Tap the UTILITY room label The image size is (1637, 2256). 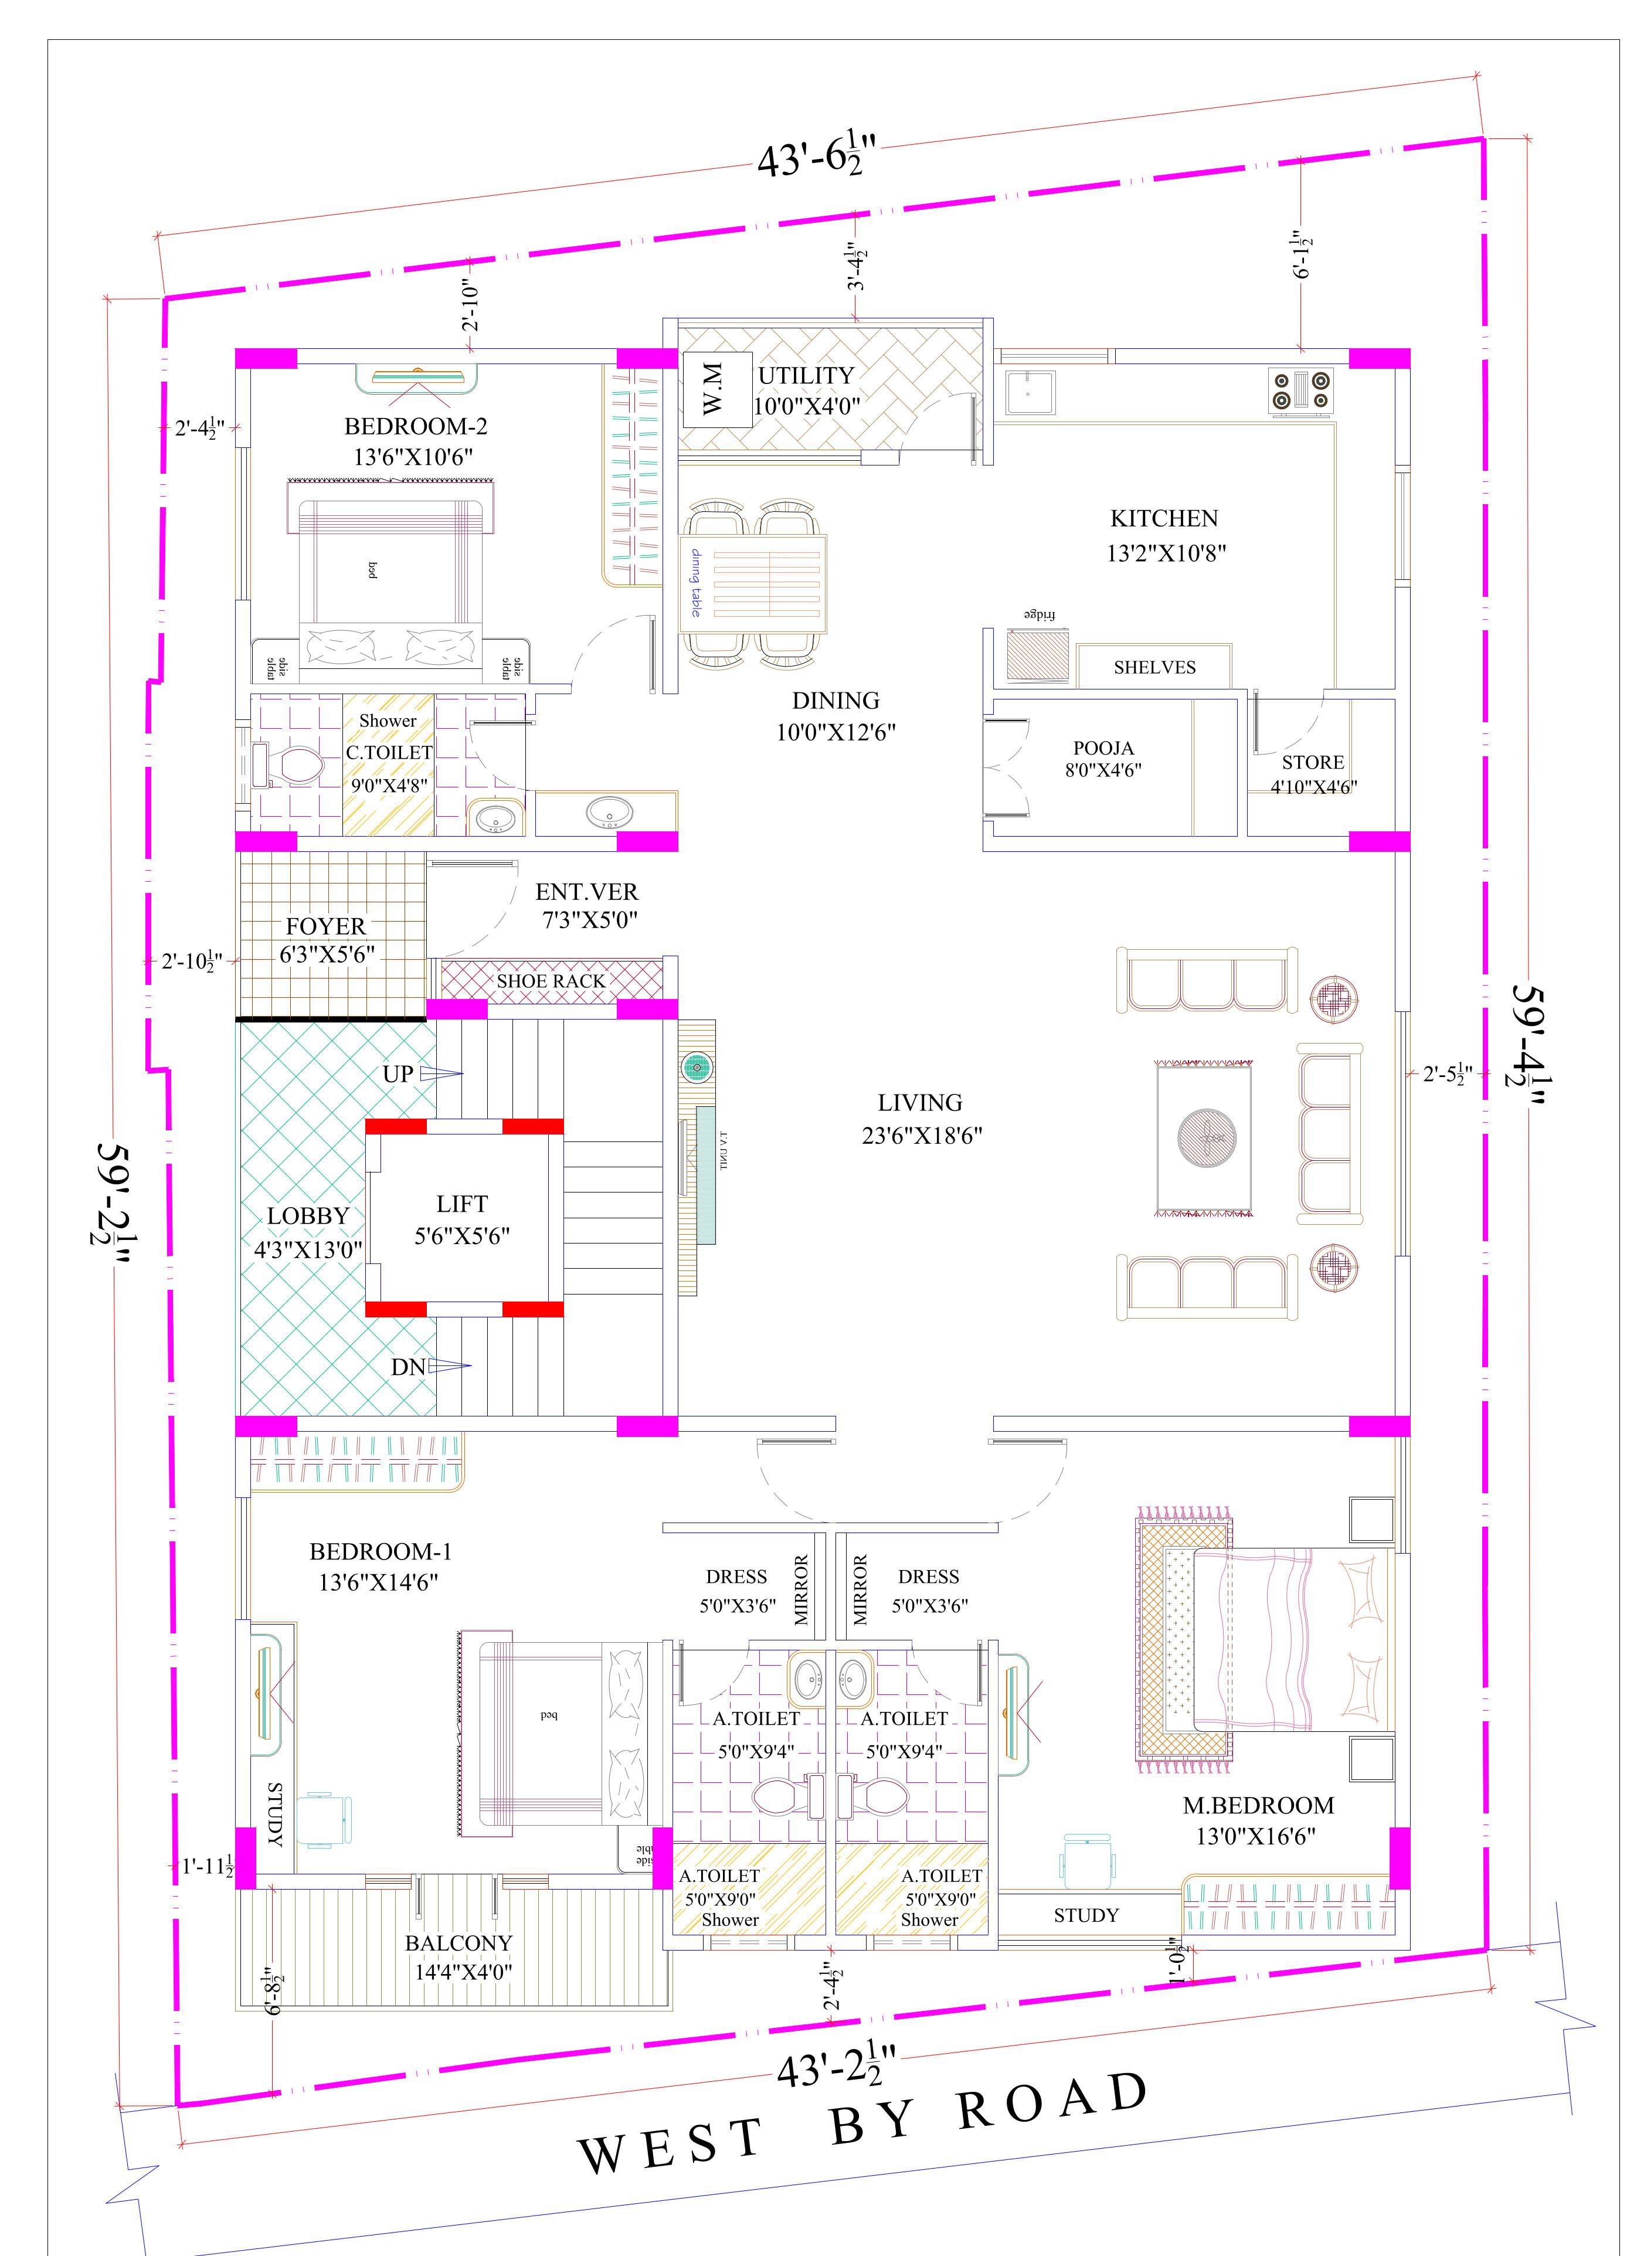click(x=807, y=375)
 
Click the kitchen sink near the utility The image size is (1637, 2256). click(x=1027, y=391)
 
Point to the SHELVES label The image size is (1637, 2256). click(x=1154, y=667)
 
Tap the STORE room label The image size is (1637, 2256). click(x=1313, y=762)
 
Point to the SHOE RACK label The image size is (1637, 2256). click(x=551, y=981)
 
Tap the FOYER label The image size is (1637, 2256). click(x=326, y=926)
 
